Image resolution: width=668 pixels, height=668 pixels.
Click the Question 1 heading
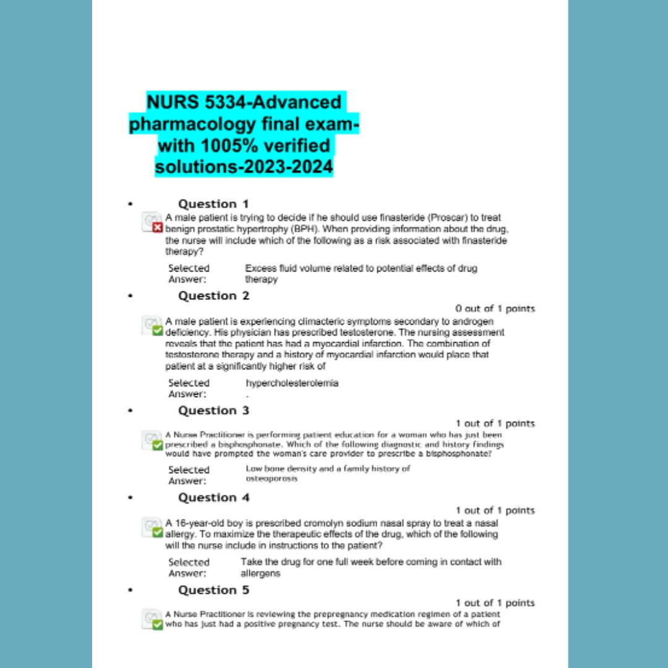213,204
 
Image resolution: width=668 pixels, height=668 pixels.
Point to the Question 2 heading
213,296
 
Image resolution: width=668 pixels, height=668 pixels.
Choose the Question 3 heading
213,411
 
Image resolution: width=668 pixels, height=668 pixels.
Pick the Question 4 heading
213,498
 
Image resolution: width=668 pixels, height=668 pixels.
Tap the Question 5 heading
213,591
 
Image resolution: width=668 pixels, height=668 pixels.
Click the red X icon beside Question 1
158,228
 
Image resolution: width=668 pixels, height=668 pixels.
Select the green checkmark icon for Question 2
158,331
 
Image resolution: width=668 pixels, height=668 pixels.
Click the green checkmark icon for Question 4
158,533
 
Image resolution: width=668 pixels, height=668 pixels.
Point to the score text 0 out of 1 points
495,309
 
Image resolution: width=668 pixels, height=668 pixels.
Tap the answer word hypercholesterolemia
292,383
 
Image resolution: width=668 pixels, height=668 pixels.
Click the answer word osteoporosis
272,479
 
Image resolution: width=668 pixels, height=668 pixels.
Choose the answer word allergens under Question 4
260,573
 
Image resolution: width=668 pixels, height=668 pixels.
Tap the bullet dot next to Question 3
131,411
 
